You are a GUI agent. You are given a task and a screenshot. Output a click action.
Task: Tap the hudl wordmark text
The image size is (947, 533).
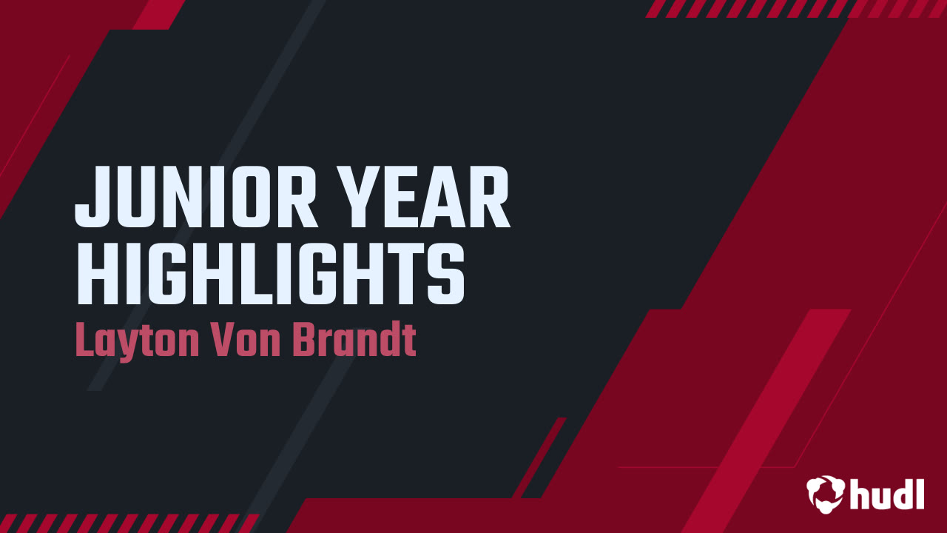pyautogui.click(x=888, y=493)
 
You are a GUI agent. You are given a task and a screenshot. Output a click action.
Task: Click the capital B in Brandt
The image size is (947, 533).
pyautogui.click(x=306, y=340)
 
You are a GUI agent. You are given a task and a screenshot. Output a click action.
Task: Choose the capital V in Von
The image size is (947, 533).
pyautogui.click(x=225, y=340)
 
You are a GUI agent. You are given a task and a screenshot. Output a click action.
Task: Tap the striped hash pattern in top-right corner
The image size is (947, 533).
pyautogui.click(x=795, y=8)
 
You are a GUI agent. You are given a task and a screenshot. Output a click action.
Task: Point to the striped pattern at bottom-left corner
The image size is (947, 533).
pyautogui.click(x=126, y=523)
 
